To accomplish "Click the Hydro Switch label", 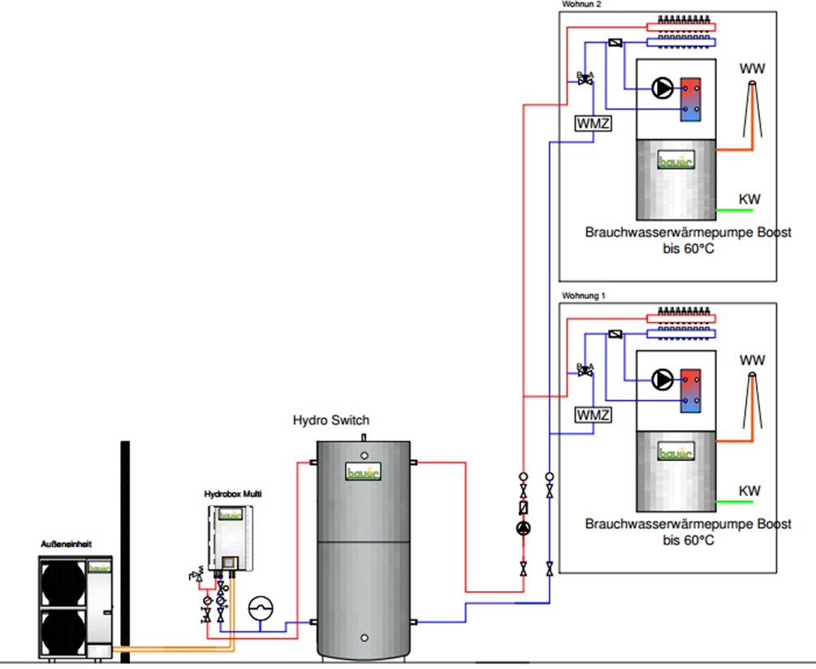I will click(x=330, y=420).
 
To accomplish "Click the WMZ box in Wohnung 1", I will click(x=593, y=415).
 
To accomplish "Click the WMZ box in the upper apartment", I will click(x=592, y=124).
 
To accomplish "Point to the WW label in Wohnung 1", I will click(x=752, y=359).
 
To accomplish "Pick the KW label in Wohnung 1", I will click(x=749, y=491).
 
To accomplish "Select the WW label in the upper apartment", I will click(x=752, y=67).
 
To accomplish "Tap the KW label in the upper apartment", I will click(x=749, y=199).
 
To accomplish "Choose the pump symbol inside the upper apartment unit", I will click(x=663, y=89).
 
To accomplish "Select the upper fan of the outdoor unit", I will click(x=63, y=582).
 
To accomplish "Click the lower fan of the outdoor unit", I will click(x=63, y=630).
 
